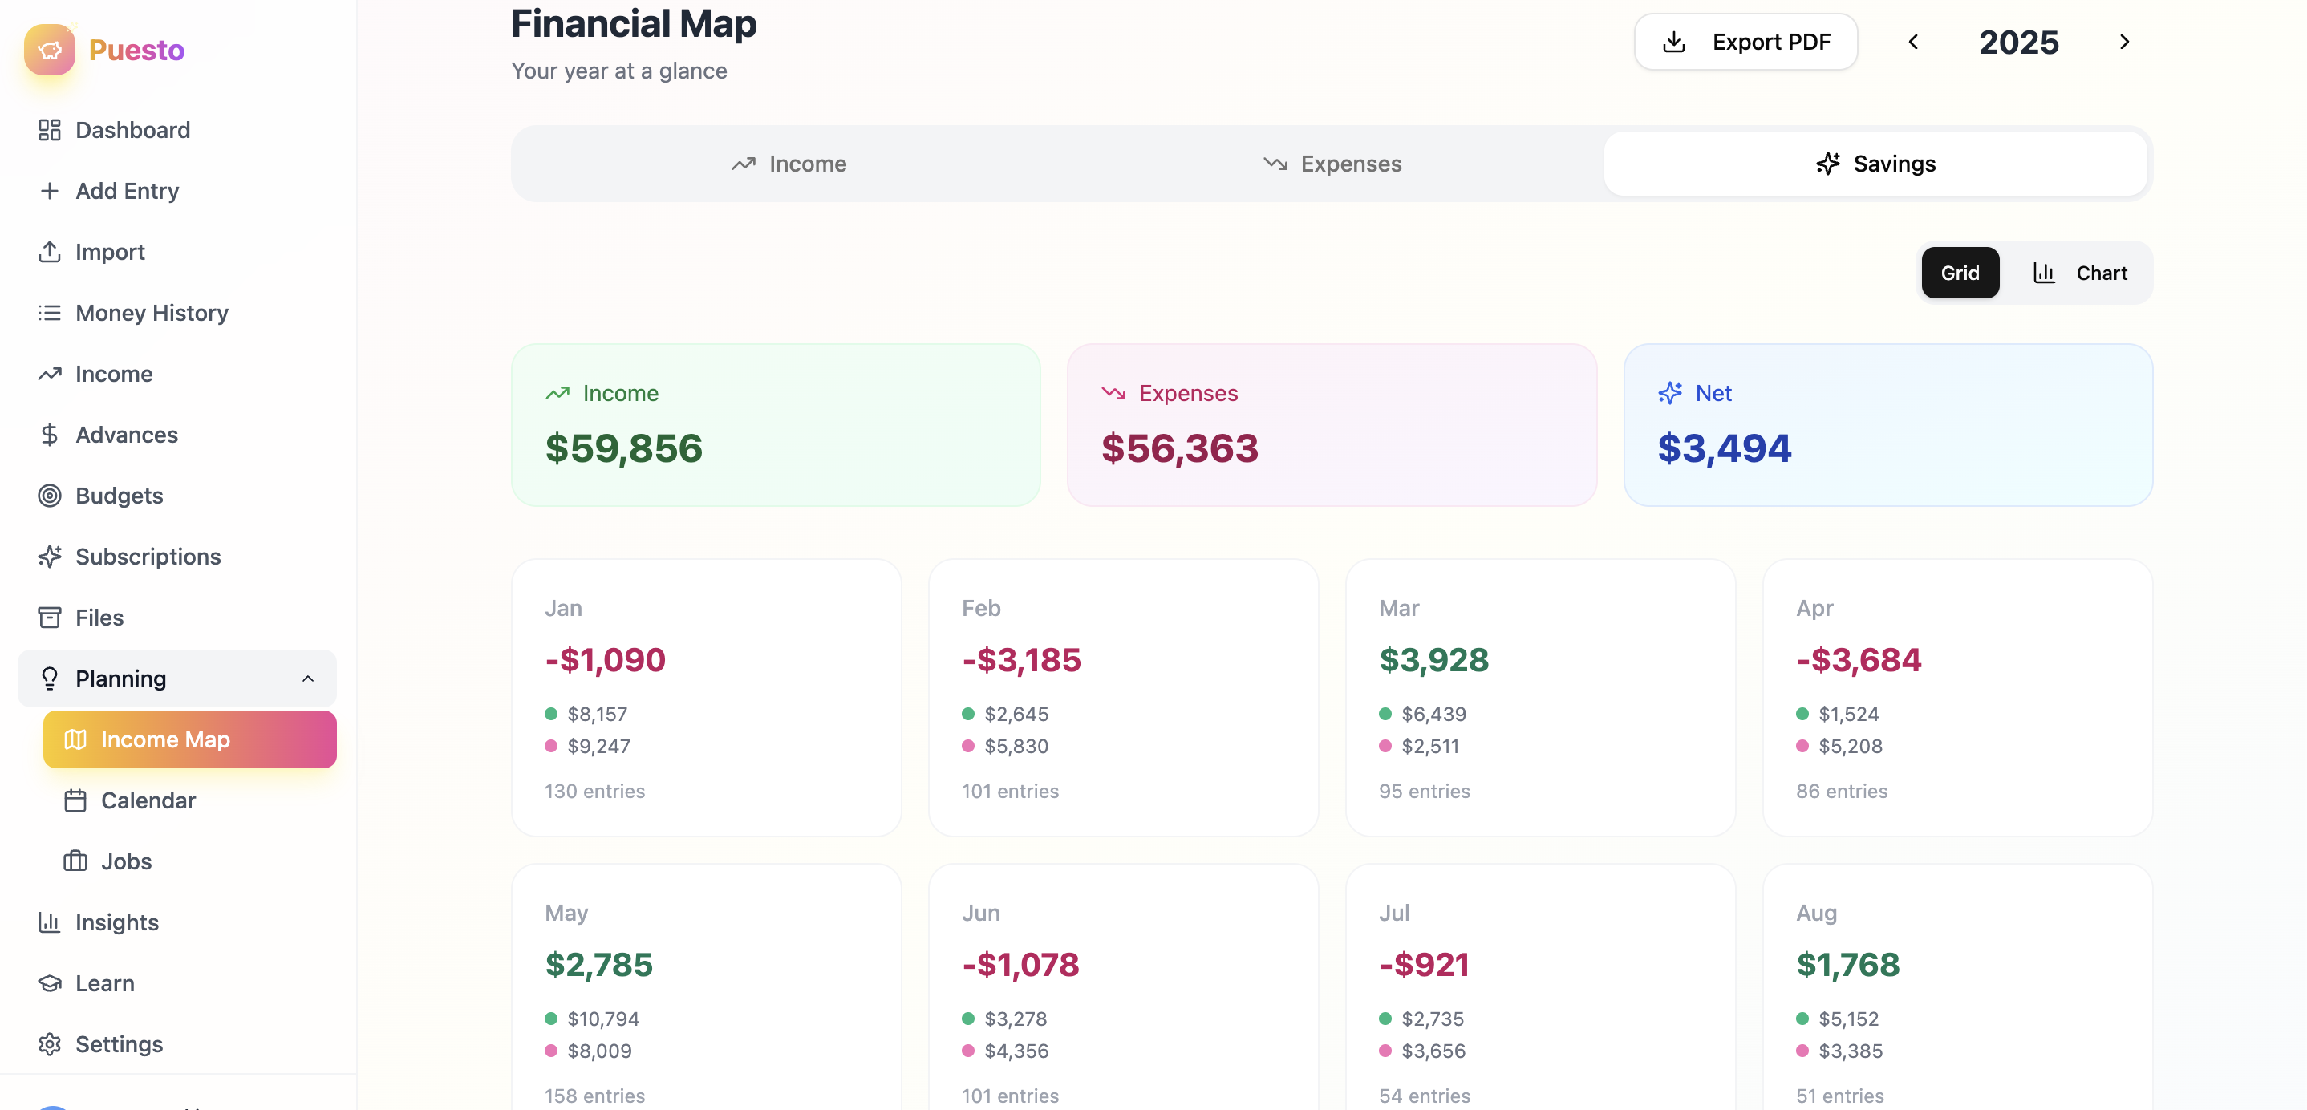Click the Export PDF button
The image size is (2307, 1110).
pos(1745,42)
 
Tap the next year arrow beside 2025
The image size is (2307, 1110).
pos(2123,42)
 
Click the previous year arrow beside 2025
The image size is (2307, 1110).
pos(1913,42)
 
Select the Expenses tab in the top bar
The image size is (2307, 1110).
pos(1332,164)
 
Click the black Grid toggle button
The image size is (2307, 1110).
pos(1960,273)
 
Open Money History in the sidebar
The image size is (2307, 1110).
pos(152,313)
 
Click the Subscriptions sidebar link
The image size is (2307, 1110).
pos(148,557)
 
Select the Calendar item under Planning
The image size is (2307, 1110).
pos(148,800)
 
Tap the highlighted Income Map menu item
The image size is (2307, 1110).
pos(189,739)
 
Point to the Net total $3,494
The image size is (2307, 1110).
pos(1723,448)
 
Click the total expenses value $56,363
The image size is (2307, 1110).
pos(1178,448)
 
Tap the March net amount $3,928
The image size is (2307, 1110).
pos(1433,660)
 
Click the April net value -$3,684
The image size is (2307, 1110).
pos(1859,660)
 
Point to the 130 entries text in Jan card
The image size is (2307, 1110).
pos(594,792)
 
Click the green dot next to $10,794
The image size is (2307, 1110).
pos(551,1019)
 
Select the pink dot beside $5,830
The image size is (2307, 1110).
pos(968,746)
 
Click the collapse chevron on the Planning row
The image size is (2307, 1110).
pos(307,679)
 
